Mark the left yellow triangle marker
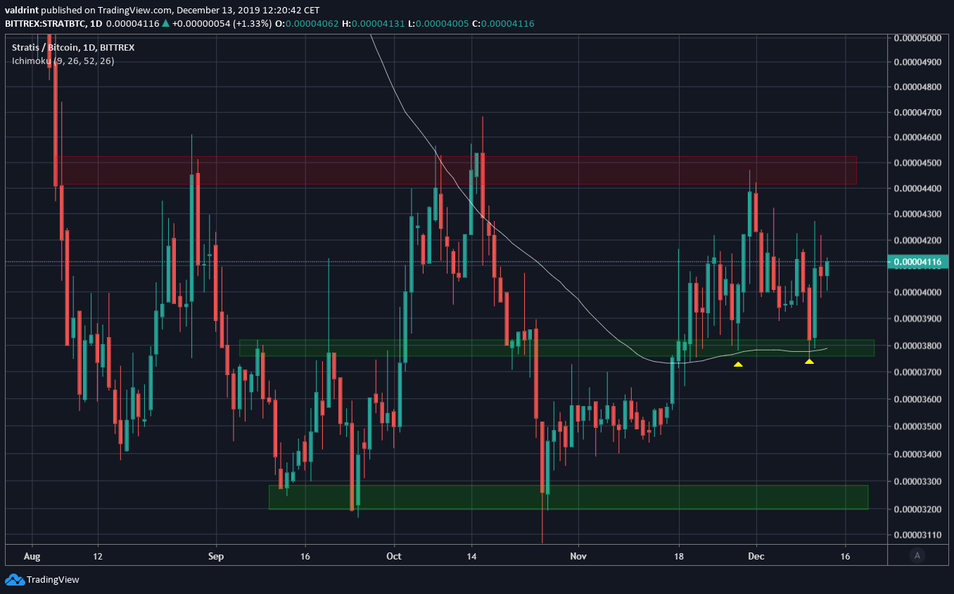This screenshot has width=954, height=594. pyautogui.click(x=738, y=364)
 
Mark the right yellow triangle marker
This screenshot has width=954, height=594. pyautogui.click(x=809, y=361)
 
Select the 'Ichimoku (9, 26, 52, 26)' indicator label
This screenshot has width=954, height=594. pyautogui.click(x=63, y=61)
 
